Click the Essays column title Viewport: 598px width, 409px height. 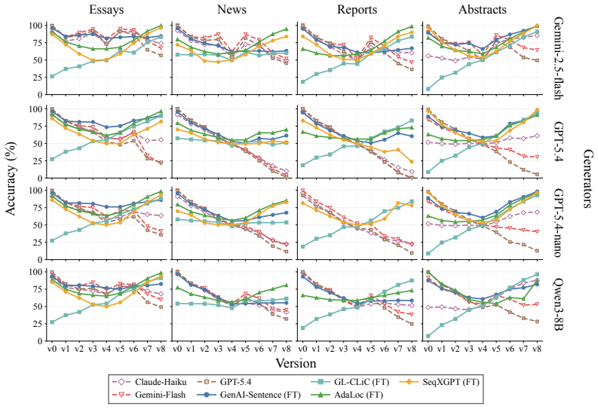[x=106, y=10]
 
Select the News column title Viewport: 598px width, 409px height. [x=232, y=9]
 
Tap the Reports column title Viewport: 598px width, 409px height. [x=357, y=10]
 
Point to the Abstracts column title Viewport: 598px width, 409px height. [x=483, y=9]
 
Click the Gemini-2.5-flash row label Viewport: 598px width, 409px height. [x=557, y=58]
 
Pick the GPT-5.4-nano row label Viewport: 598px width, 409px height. [x=557, y=223]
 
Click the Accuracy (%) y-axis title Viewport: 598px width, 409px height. [x=11, y=179]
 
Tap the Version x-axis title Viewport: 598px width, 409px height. [x=296, y=363]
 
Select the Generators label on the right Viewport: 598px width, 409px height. [x=588, y=179]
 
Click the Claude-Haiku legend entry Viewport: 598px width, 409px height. [x=149, y=382]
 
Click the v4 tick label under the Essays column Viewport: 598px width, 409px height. [x=106, y=349]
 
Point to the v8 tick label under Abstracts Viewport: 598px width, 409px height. [x=537, y=349]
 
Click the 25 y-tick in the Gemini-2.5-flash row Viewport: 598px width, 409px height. [x=38, y=78]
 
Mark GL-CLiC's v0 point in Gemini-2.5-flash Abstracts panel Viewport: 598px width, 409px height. [x=428, y=89]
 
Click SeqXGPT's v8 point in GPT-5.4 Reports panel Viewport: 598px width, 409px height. [x=411, y=162]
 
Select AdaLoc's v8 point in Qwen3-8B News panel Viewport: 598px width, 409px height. [x=286, y=285]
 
